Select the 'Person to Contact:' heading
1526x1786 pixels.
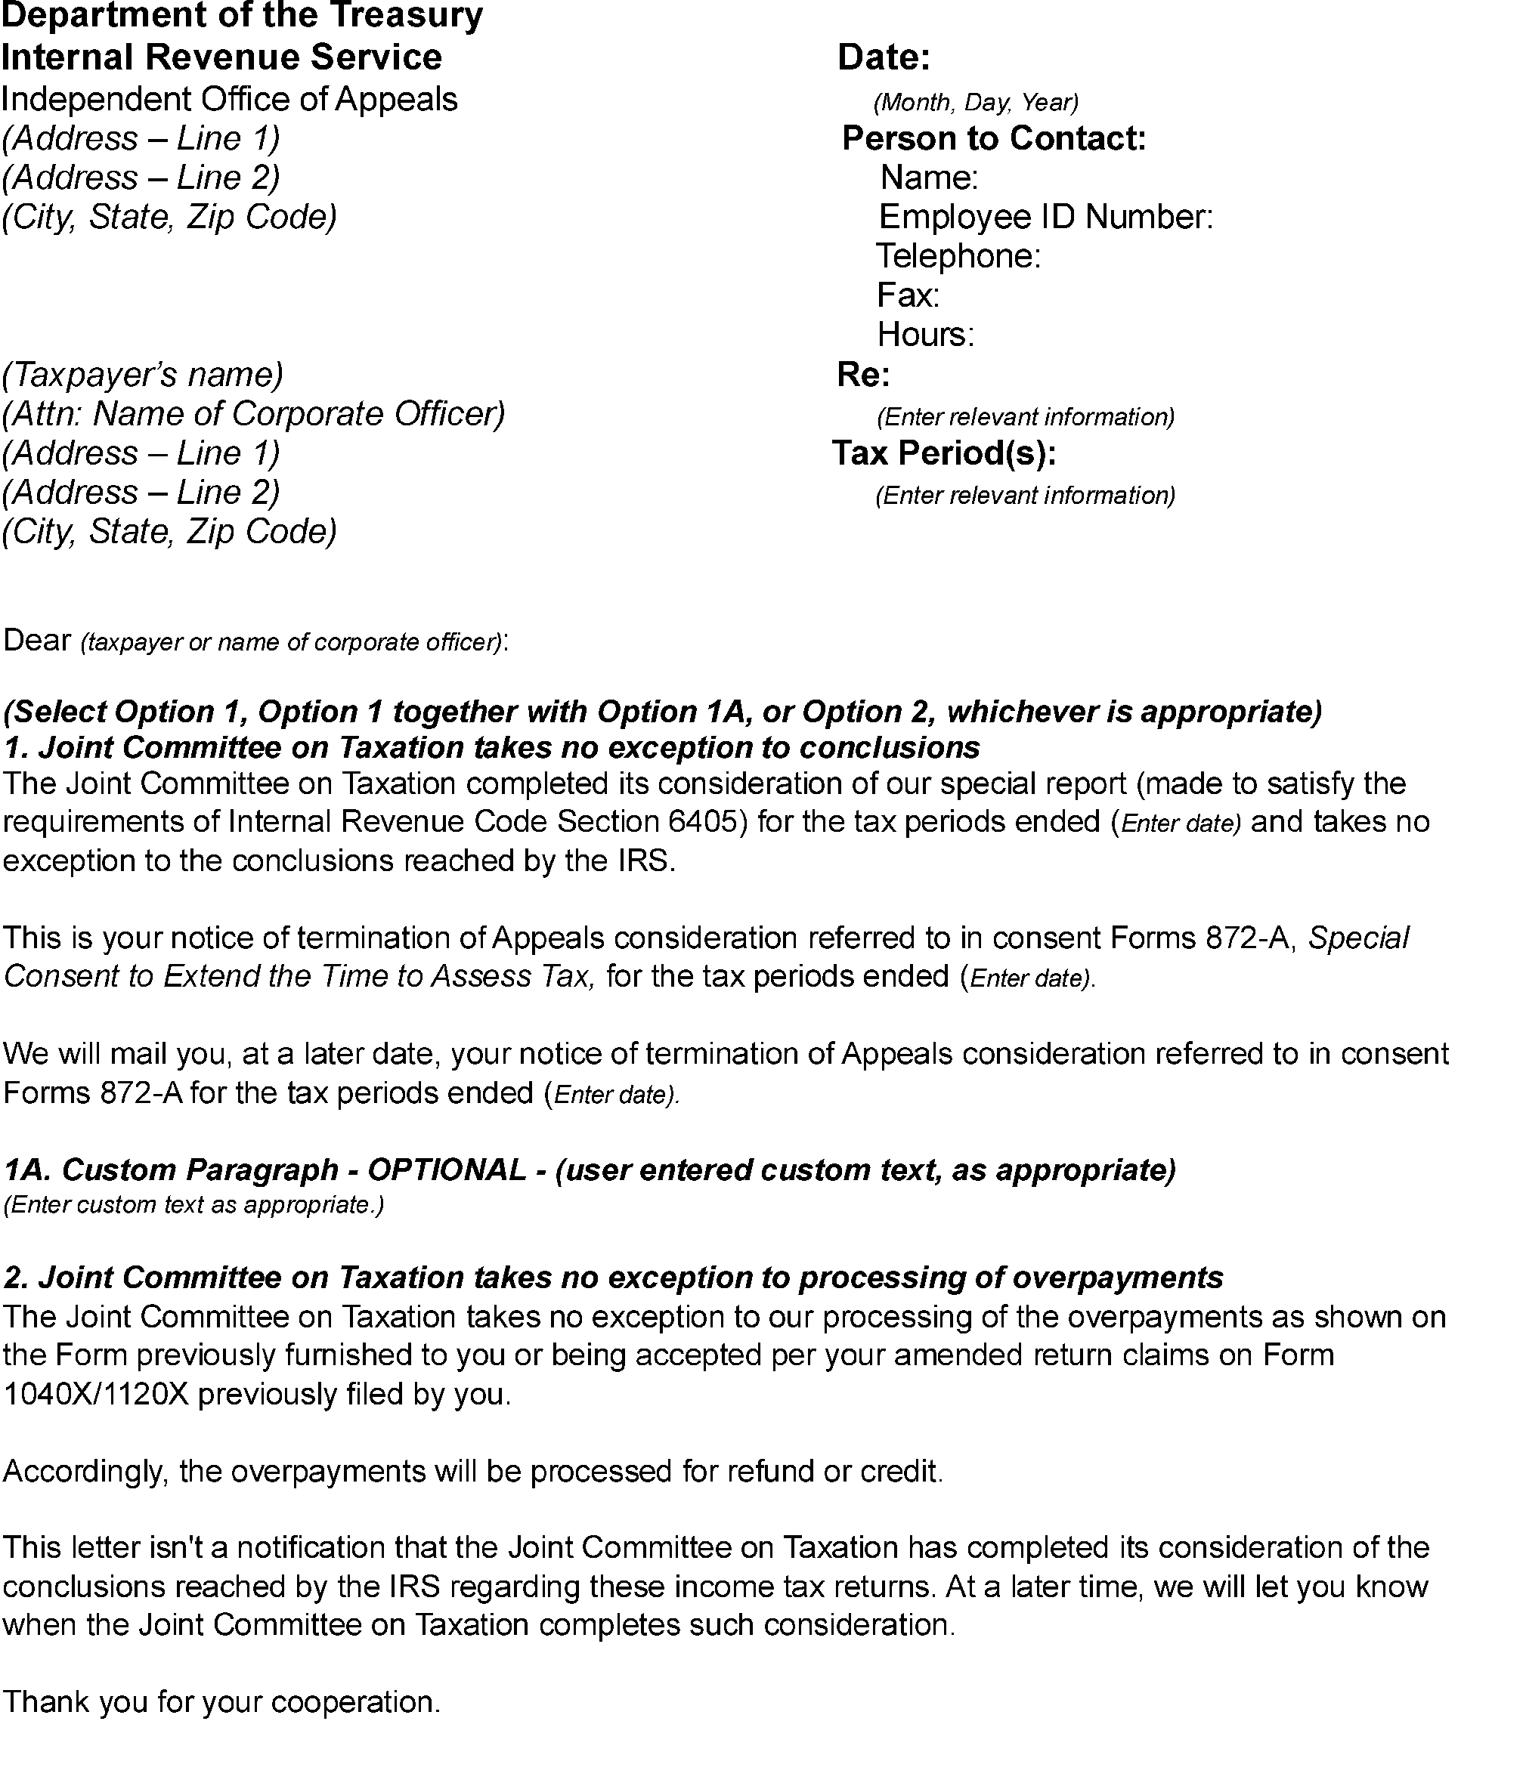click(993, 138)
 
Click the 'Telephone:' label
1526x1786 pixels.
click(958, 256)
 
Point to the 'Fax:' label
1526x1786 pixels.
click(907, 295)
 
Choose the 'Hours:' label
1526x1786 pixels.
click(925, 335)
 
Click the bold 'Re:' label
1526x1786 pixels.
click(863, 374)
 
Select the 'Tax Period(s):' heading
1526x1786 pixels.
click(944, 453)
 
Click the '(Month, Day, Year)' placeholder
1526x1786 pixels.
click(976, 103)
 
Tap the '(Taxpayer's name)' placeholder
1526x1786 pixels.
click(143, 374)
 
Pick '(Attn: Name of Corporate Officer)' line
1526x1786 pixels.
click(253, 414)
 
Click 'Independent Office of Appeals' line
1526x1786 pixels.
click(229, 99)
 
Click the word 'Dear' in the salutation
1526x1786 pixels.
click(37, 641)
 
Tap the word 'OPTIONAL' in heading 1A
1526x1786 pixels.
click(446, 1170)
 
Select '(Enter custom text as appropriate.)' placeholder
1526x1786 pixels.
click(193, 1204)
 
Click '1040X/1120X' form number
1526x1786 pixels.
click(96, 1394)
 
